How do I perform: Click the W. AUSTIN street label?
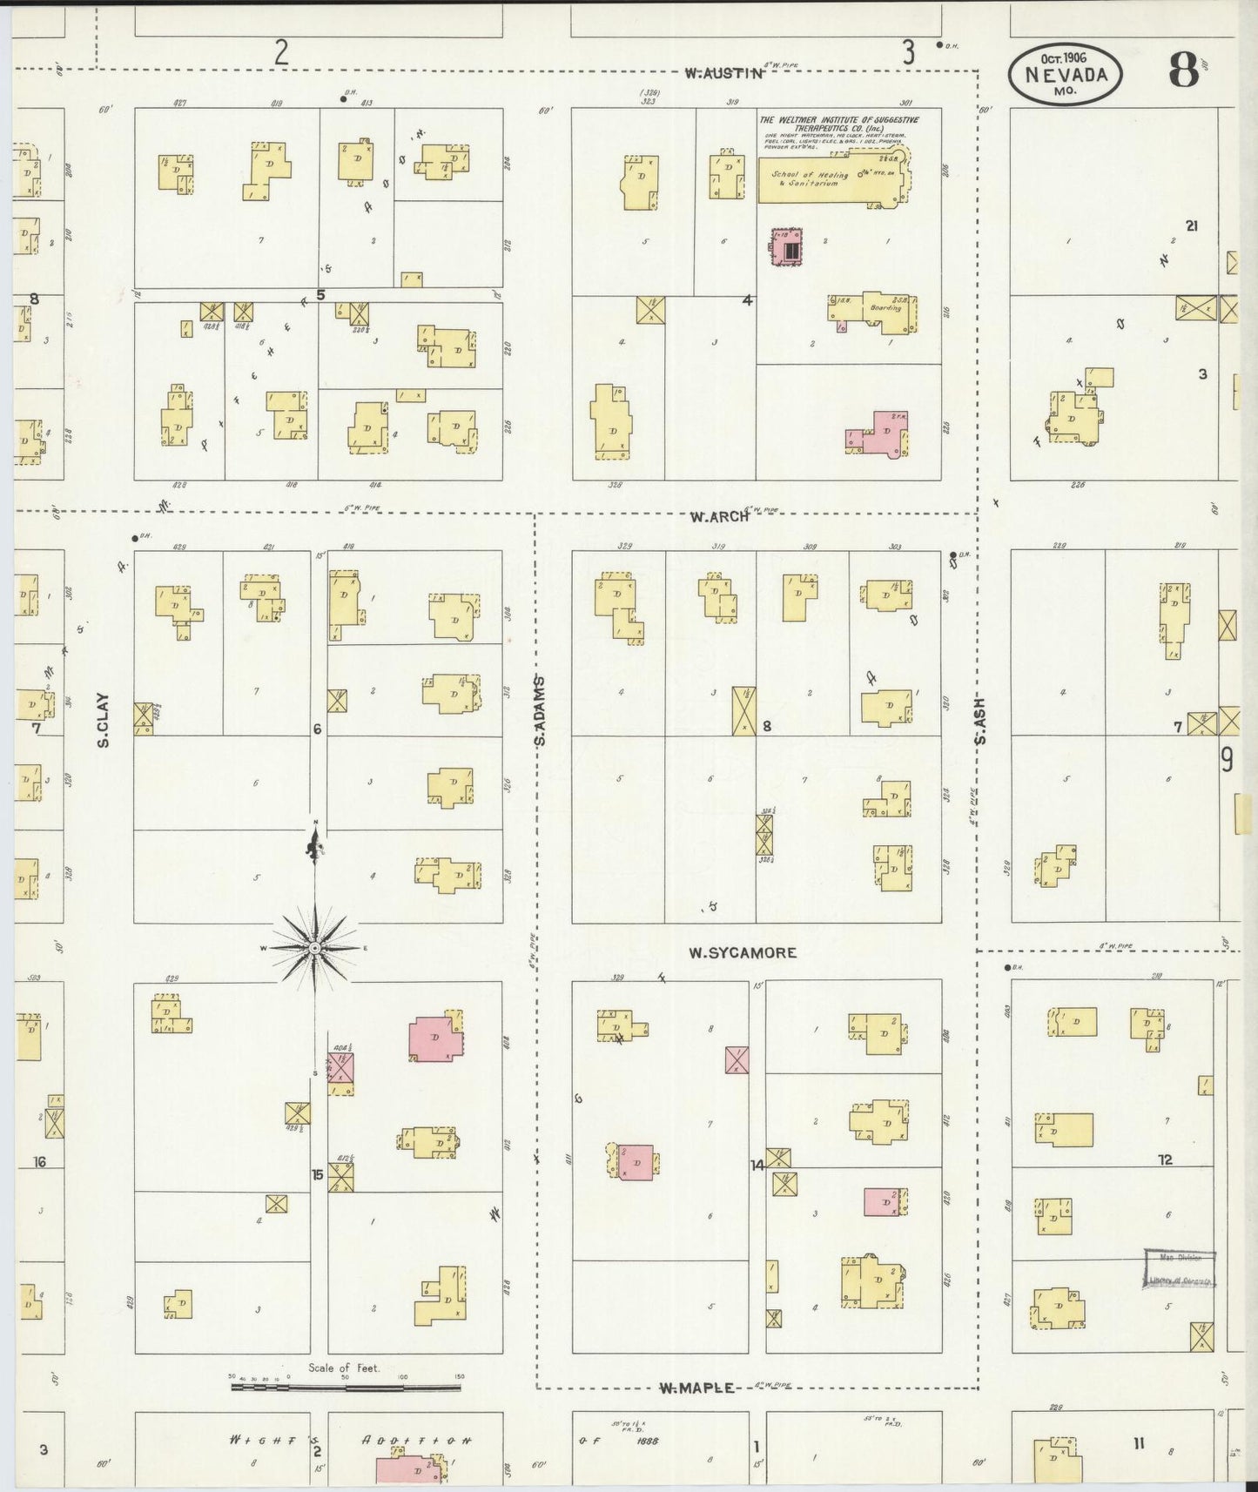click(723, 74)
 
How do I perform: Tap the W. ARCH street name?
click(719, 516)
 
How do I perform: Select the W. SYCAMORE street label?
click(742, 952)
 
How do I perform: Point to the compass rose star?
click(314, 947)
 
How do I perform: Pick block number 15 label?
click(318, 1174)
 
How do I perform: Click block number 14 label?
click(757, 1164)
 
